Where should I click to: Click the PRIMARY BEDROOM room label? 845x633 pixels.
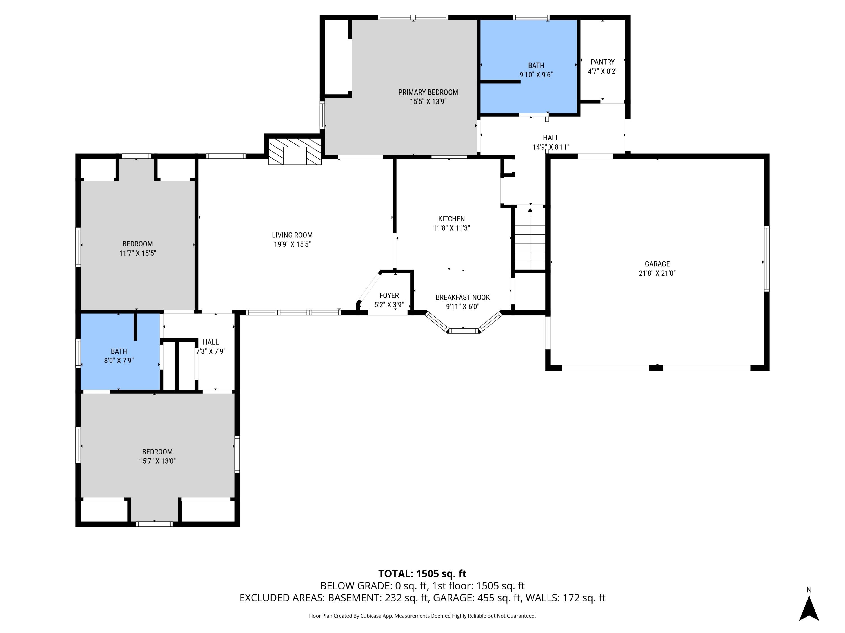428,92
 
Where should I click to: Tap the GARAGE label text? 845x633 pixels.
657,264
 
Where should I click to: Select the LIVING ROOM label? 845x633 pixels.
292,235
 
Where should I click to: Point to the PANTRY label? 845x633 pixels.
602,62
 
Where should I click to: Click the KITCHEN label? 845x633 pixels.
451,219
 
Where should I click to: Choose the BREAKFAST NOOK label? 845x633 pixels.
462,298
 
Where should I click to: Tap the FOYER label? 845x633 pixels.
389,296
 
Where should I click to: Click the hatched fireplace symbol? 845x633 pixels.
295,151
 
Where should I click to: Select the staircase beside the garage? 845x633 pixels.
530,238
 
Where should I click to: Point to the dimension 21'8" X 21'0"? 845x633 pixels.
657,273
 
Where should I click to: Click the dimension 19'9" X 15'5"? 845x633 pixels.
292,244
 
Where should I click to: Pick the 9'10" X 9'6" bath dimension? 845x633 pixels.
536,75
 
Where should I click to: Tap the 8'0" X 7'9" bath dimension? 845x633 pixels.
119,361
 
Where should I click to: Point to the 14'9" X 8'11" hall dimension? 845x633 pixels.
551,147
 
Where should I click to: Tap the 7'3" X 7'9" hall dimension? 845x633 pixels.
210,351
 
